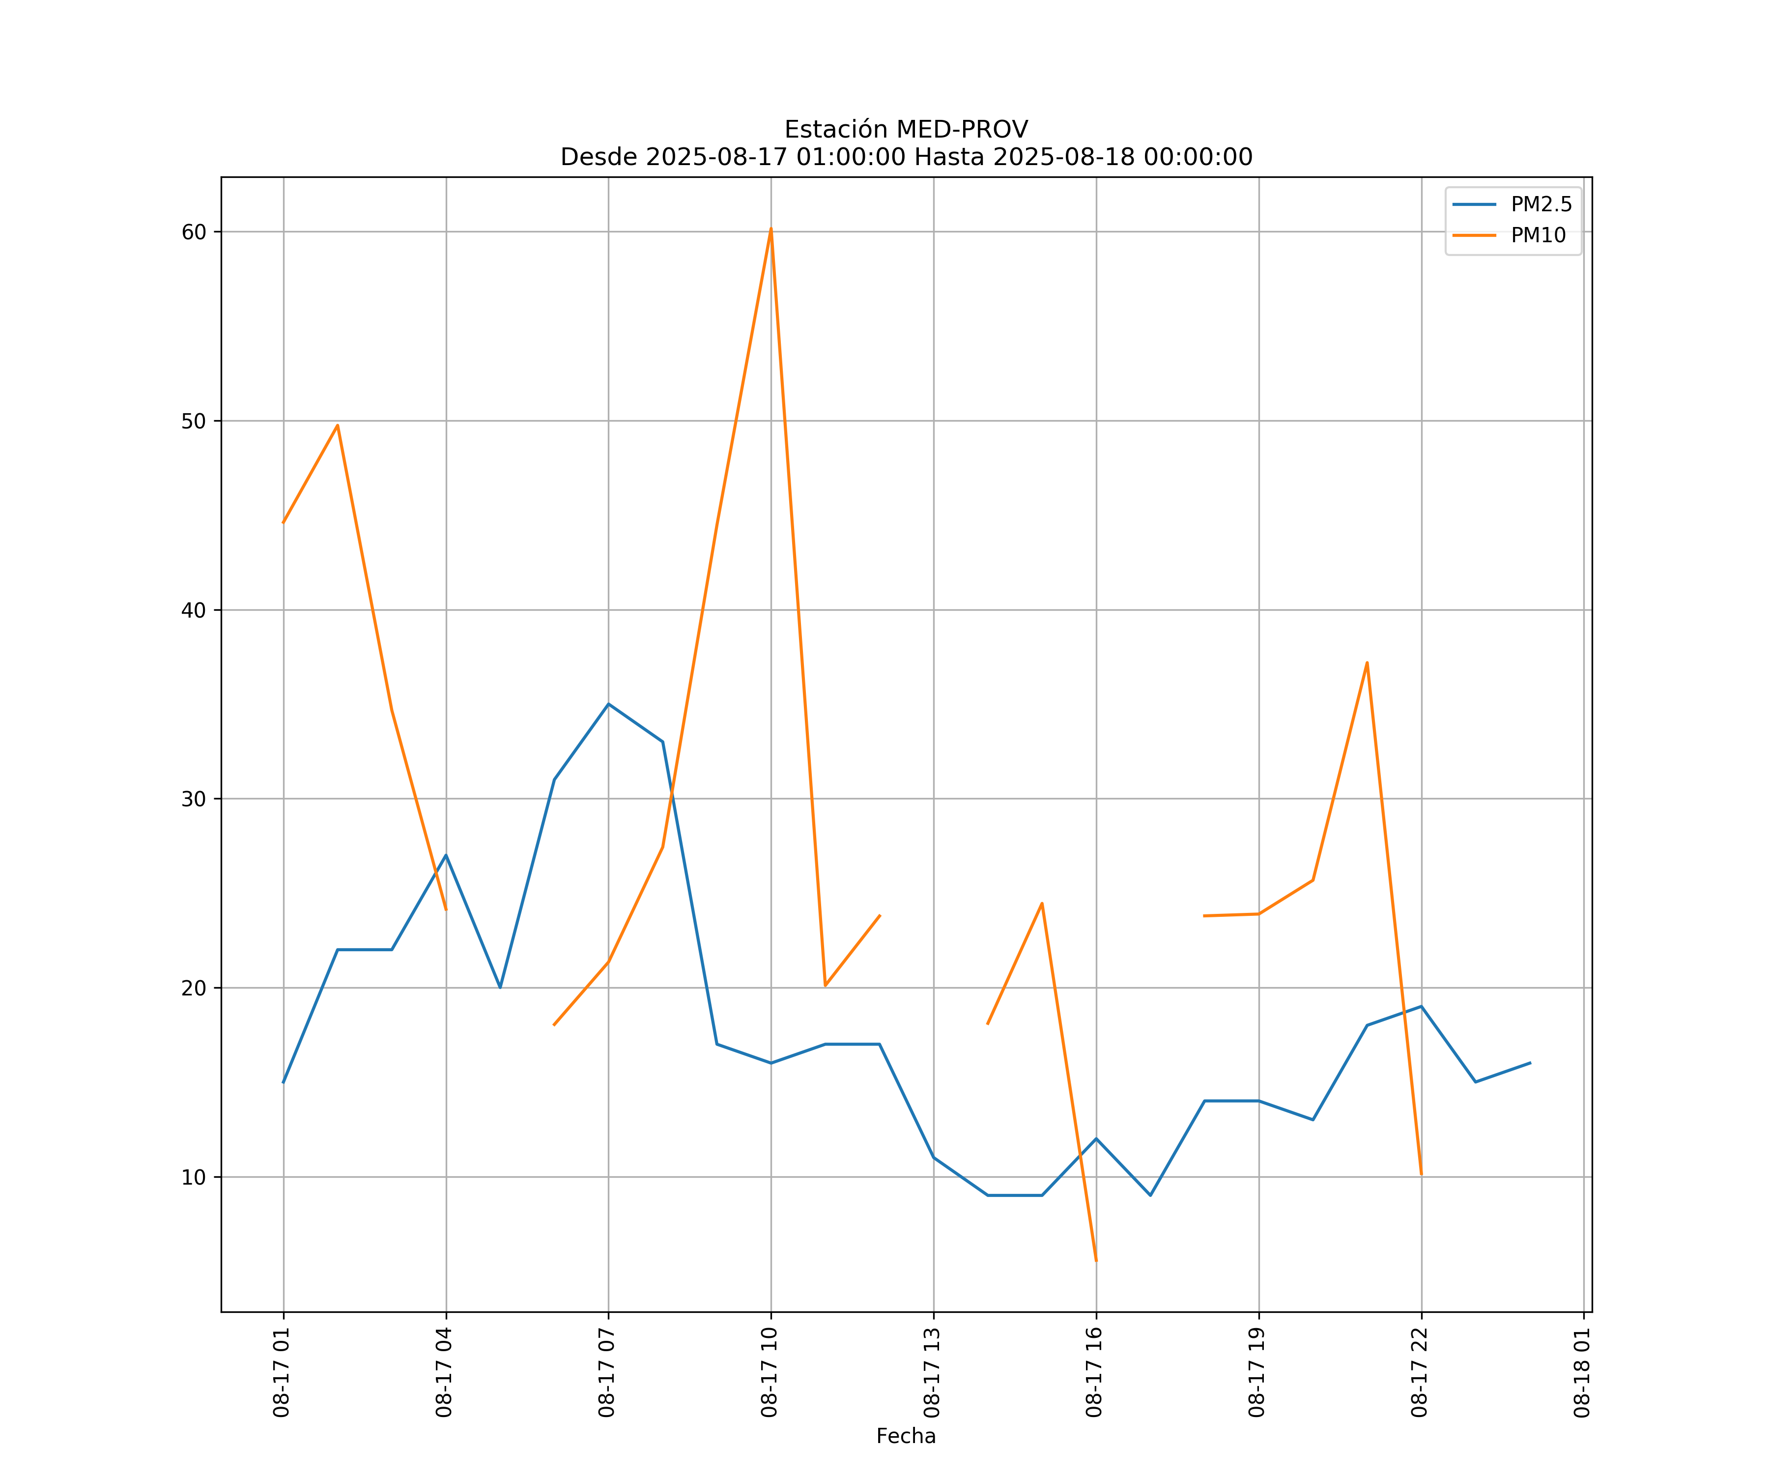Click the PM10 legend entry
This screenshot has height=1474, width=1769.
[x=1538, y=236]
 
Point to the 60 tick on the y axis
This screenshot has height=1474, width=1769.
[x=194, y=231]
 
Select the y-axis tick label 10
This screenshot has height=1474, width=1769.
[x=194, y=1177]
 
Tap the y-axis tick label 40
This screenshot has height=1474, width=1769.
[x=194, y=610]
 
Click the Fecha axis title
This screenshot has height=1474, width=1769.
[x=906, y=1436]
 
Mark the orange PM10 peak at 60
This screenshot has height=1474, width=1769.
[x=771, y=229]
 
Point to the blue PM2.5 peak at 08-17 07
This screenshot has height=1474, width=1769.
[x=608, y=704]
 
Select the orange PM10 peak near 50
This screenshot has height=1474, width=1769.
[x=337, y=425]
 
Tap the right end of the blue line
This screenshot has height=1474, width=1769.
[x=1530, y=1063]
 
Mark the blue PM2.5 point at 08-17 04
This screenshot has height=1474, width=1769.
[x=446, y=855]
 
